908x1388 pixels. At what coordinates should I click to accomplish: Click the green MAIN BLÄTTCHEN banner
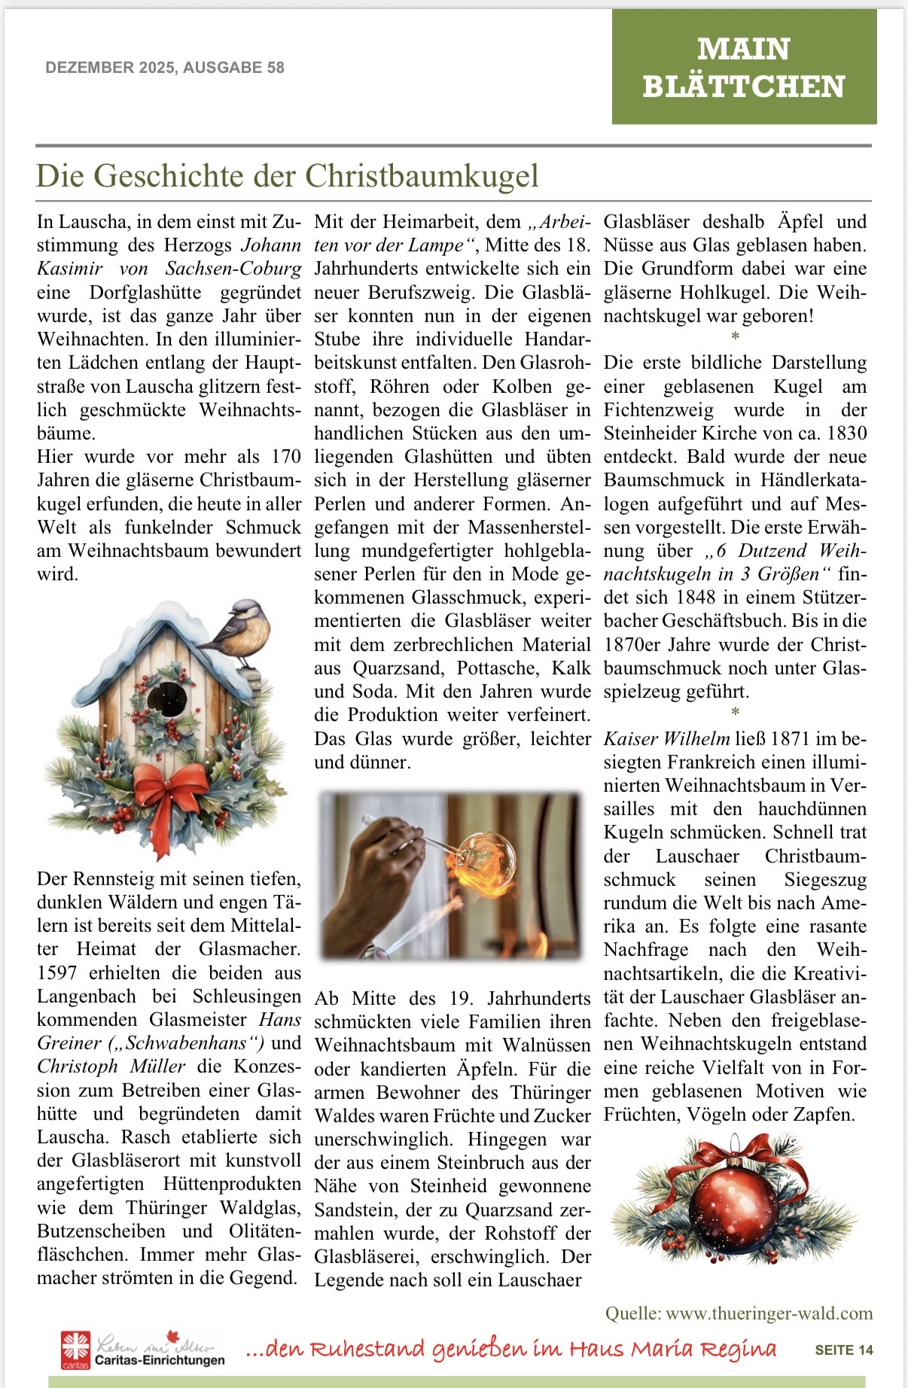744,67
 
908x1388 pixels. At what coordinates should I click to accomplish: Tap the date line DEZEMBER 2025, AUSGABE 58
165,68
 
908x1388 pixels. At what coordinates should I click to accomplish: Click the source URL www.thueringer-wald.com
769,1313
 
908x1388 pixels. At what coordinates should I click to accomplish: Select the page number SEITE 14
843,1350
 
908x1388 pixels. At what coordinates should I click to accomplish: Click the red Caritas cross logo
75,1347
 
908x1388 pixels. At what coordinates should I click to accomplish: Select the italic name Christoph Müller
111,1067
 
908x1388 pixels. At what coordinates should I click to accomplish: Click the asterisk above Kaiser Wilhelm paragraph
736,712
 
